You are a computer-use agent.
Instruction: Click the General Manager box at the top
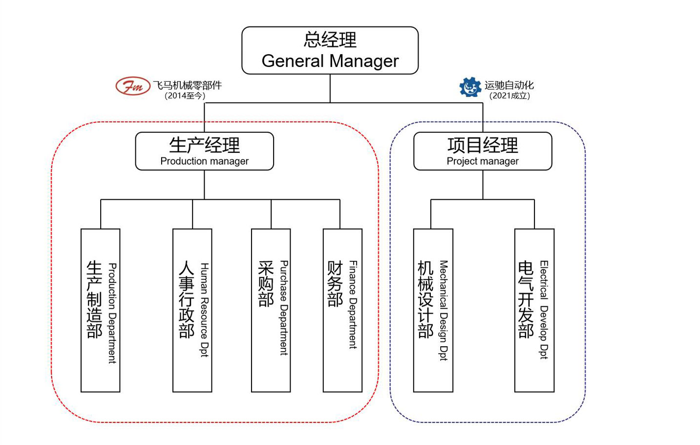(330, 51)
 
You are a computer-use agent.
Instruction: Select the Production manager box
(204, 151)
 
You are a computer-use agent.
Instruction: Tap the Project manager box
(483, 151)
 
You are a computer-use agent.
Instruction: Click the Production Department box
(100, 310)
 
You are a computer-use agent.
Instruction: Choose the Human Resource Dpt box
(192, 310)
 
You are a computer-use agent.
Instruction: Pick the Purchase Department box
(271, 310)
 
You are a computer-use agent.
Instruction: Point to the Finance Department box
(342, 310)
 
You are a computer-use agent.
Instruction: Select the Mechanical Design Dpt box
(433, 310)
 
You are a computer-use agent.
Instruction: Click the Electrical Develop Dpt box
(534, 310)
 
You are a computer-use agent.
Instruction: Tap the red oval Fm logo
(132, 86)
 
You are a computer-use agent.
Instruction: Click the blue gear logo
(470, 87)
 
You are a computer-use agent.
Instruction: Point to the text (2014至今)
(185, 96)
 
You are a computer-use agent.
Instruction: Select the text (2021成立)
(509, 96)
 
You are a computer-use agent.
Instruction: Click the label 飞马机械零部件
(187, 85)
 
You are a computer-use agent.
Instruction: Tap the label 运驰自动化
(509, 85)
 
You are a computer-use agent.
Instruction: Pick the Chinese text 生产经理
(204, 145)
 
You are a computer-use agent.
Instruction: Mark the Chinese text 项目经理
(483, 145)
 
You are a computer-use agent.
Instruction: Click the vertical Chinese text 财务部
(335, 284)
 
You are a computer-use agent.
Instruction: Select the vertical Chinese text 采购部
(266, 284)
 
